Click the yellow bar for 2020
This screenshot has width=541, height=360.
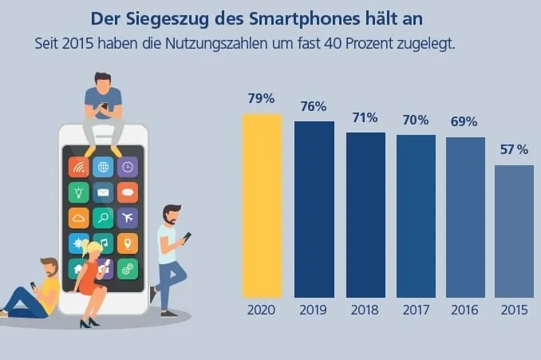262,206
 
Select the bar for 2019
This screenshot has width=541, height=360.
314,209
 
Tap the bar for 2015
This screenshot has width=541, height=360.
514,231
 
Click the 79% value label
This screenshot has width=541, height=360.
262,99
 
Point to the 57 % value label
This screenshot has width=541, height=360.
514,149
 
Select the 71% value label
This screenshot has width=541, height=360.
365,117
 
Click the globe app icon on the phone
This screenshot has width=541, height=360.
102,167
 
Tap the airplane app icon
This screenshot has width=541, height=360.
127,217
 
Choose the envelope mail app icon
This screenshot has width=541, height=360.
102,192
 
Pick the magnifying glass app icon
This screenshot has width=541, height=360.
102,217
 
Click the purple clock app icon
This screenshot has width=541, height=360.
127,167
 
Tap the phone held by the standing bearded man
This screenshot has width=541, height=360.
187,237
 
